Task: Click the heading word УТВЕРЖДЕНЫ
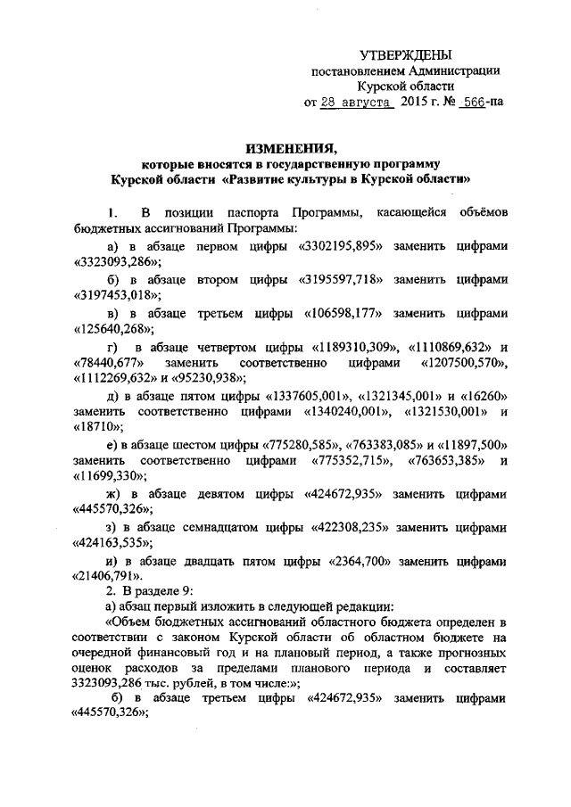click(x=405, y=55)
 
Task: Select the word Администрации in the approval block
click(x=457, y=71)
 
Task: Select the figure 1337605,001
click(x=307, y=395)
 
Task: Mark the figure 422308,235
click(x=354, y=527)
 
